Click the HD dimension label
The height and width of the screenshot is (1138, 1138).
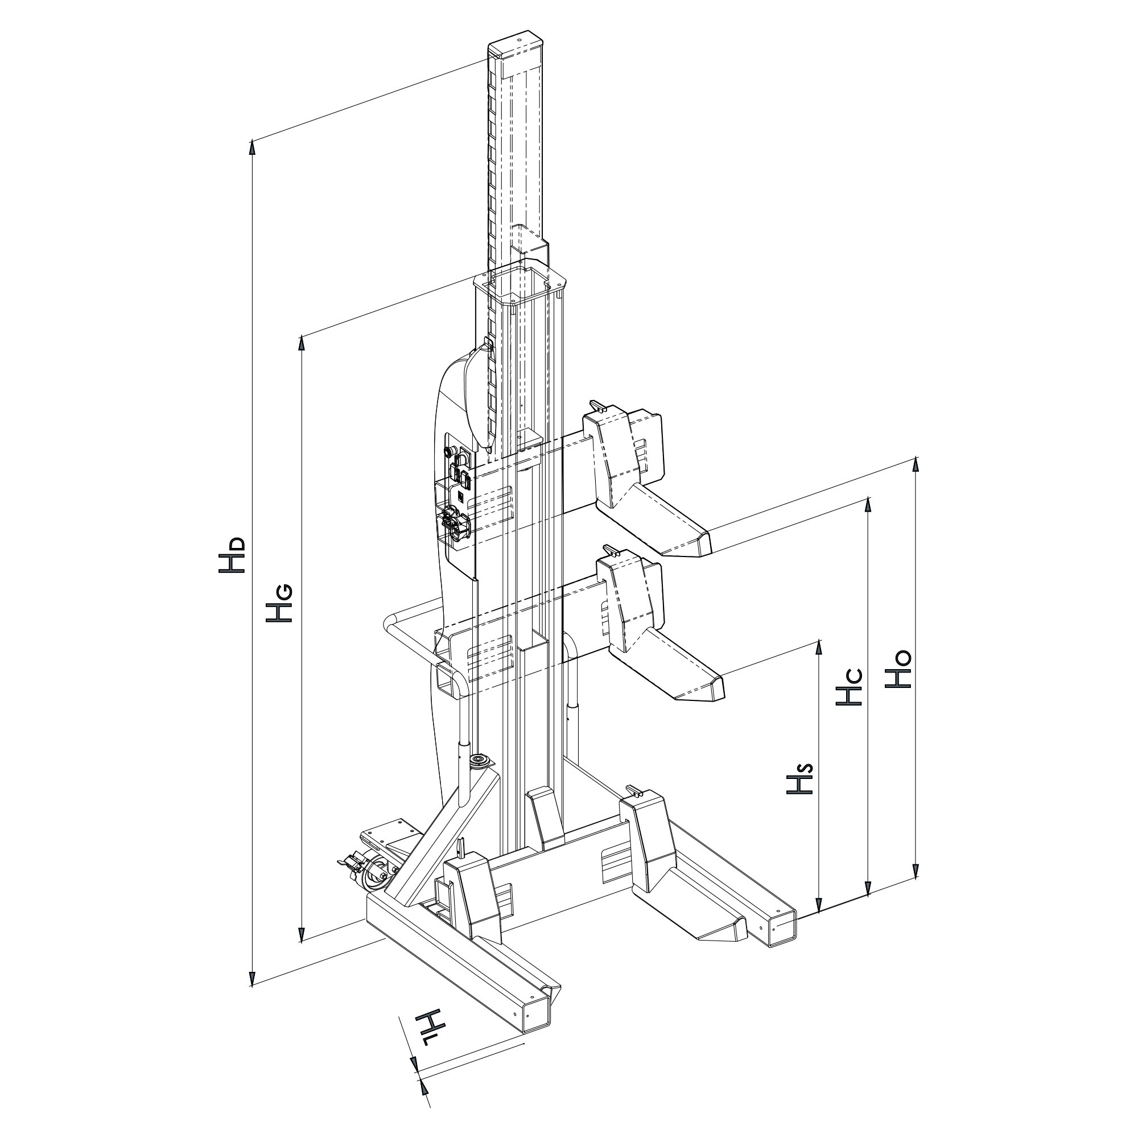click(231, 555)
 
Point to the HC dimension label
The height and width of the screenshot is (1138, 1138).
click(850, 686)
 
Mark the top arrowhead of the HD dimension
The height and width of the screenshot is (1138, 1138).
click(253, 147)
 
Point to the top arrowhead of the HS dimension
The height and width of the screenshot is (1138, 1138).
click(818, 648)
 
